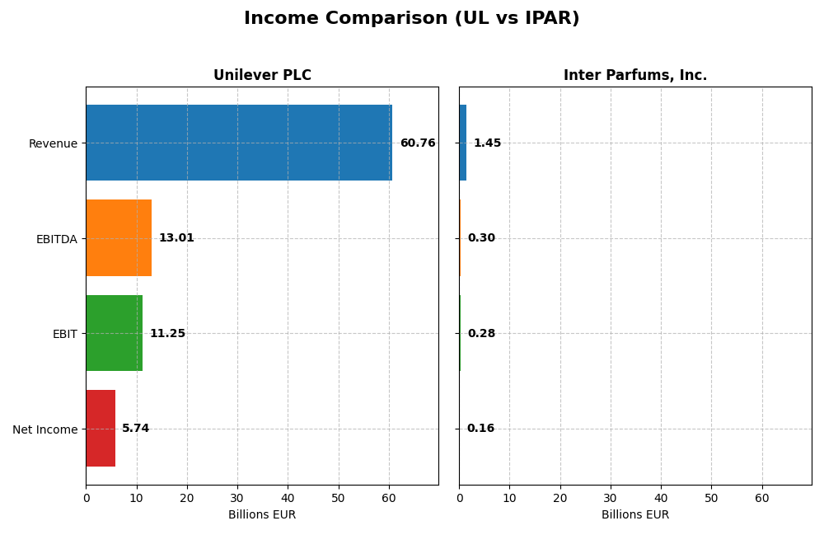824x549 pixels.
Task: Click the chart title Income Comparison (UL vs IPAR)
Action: point(411,18)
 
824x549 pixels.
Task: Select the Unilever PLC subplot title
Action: point(262,76)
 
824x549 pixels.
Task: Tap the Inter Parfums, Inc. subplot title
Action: point(634,76)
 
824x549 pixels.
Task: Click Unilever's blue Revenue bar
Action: point(239,143)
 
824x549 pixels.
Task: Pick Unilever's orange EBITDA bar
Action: point(119,237)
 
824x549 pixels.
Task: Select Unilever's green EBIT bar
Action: point(114,333)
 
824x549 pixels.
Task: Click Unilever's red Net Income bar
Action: point(101,428)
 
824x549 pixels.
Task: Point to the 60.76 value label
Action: point(418,143)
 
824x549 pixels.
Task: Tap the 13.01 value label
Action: point(176,238)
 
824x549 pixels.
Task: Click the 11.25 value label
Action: point(167,334)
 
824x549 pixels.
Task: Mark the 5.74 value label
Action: point(136,429)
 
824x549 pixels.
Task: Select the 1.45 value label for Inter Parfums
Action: point(487,143)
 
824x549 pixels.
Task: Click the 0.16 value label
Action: point(480,429)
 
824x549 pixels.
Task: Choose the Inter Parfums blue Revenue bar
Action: point(462,143)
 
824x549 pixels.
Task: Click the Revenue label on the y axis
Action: point(53,144)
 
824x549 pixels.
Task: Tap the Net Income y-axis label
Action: point(44,429)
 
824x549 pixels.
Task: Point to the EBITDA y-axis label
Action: point(56,239)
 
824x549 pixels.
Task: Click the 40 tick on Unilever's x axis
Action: point(288,498)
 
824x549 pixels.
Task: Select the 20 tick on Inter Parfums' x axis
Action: point(560,498)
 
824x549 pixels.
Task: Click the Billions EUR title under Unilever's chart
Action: point(262,515)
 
